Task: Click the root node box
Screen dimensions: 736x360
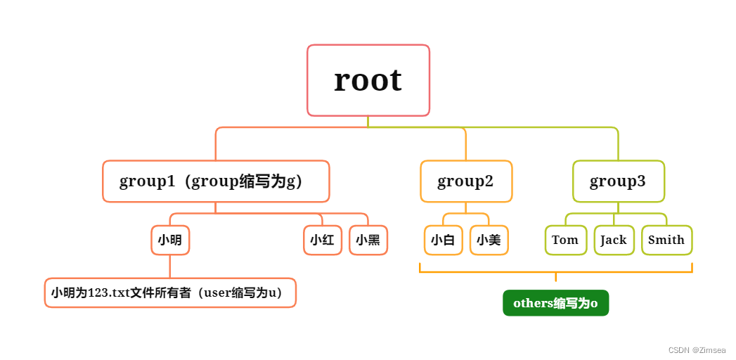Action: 368,80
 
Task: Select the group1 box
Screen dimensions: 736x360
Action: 216,181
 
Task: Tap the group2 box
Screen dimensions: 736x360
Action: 465,181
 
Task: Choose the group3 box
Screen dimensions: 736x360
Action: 618,181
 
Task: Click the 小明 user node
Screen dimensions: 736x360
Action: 170,240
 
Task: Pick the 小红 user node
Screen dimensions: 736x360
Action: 322,240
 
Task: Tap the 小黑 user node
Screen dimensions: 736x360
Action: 368,240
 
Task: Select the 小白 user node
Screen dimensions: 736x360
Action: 443,240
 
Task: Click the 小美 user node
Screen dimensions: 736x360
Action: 489,240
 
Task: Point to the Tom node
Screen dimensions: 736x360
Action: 565,240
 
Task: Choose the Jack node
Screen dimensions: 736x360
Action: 614,240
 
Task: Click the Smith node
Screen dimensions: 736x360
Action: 666,240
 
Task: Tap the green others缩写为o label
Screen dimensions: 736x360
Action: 555,303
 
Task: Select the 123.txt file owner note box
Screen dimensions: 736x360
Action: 170,293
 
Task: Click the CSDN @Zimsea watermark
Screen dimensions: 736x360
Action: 697,349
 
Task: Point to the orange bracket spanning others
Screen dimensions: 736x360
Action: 555,271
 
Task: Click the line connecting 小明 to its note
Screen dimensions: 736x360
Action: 170,266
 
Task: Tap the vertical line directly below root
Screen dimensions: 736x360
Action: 368,122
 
